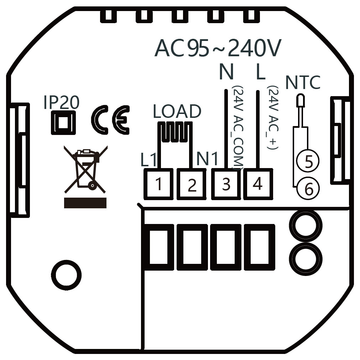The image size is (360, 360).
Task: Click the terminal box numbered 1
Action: coord(158,184)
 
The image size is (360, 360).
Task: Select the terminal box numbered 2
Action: coord(192,184)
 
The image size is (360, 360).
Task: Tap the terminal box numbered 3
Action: coord(226,184)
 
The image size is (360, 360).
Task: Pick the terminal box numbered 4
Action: coord(258,184)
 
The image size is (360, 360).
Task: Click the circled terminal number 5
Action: coord(308,161)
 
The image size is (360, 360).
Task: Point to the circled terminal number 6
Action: coord(308,188)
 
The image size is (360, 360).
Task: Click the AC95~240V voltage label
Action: coord(218,48)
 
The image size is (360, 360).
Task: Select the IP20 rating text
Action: coord(61,103)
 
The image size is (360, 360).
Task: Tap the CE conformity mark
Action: coord(110,119)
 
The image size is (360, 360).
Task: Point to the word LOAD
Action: coord(177,112)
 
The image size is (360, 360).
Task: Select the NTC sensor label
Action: coord(303,83)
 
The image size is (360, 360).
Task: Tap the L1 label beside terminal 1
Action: coord(148,161)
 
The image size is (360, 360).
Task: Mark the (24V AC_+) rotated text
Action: coord(272,117)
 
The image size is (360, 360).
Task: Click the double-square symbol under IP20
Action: coord(63,122)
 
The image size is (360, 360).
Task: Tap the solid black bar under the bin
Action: coord(85,203)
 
